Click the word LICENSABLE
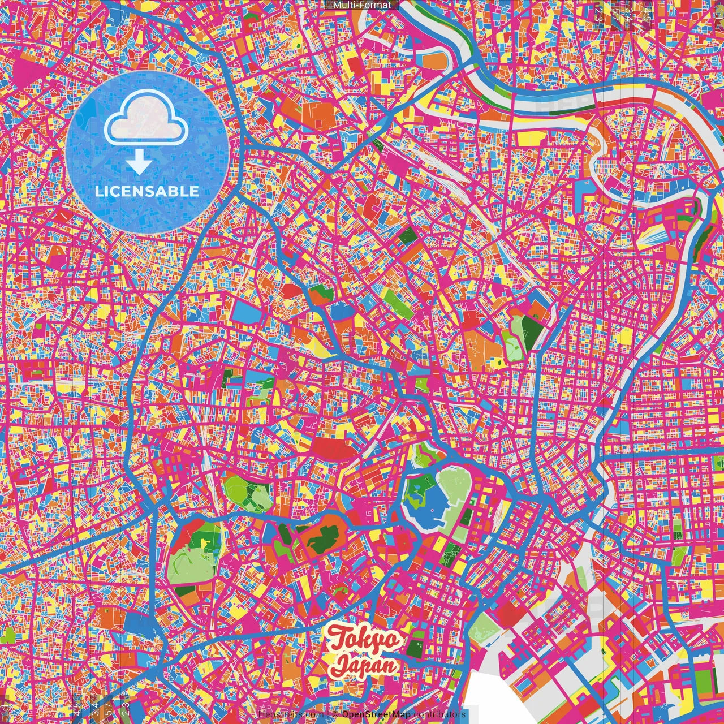click(x=147, y=191)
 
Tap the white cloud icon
click(x=146, y=122)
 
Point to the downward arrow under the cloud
click(x=139, y=163)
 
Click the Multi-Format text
click(x=362, y=5)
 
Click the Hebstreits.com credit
click(x=291, y=714)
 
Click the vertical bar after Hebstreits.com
click(x=328, y=714)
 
